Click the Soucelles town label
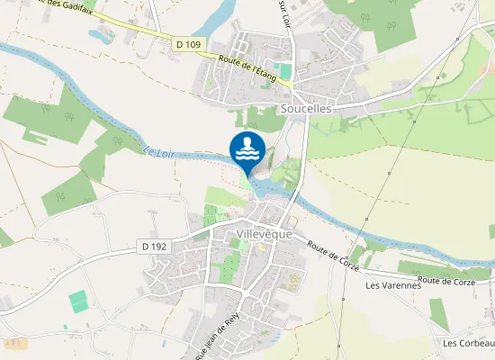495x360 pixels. tap(307, 108)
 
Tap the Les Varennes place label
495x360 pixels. tap(393, 285)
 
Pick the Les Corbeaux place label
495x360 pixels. tap(464, 343)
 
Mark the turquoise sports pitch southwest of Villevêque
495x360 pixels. tap(80, 301)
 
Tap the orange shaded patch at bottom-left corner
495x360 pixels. tap(13, 343)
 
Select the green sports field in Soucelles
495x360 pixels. tap(285, 70)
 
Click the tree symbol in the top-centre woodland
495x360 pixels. tap(365, 17)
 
